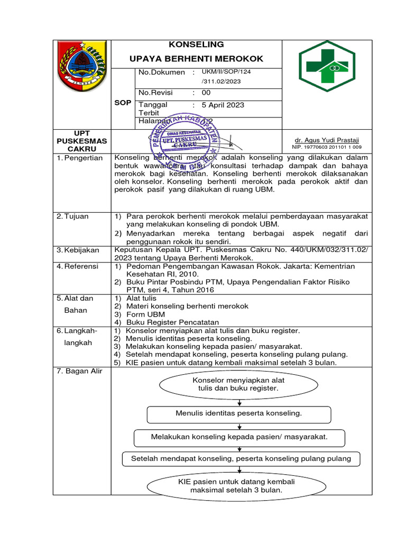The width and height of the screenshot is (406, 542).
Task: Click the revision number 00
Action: click(206, 93)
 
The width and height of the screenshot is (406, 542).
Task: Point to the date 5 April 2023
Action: click(223, 105)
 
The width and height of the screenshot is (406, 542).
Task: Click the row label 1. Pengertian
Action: click(80, 158)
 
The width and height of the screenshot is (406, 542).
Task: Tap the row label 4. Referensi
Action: click(78, 266)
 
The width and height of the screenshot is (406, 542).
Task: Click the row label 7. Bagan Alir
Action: click(79, 371)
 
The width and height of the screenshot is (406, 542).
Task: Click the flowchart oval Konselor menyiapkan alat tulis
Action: click(239, 384)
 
